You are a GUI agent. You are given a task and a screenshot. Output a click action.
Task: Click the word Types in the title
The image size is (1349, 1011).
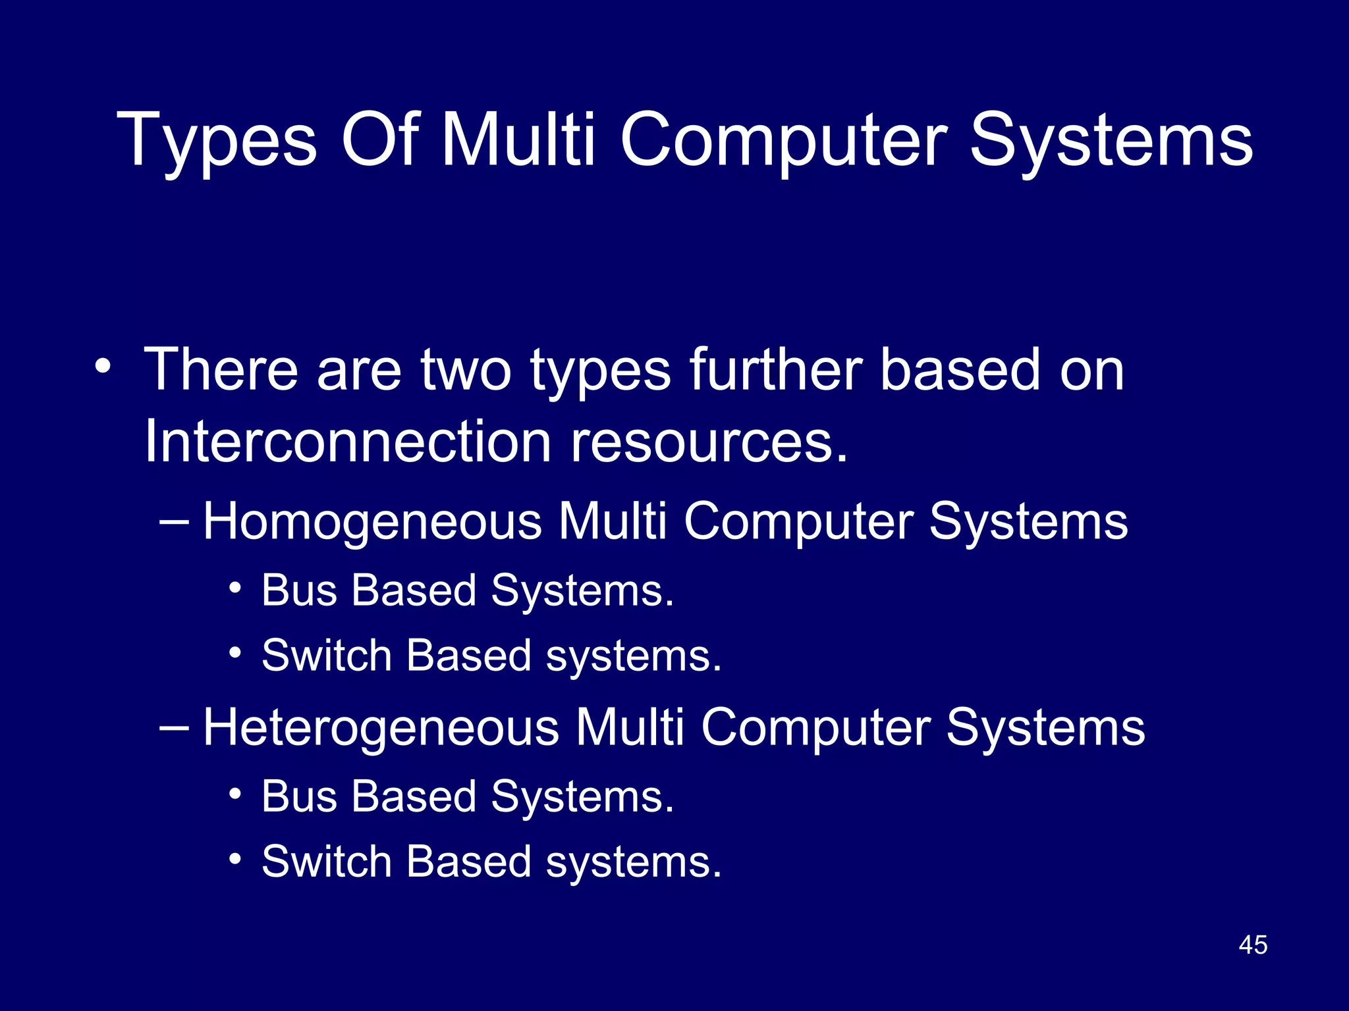click(x=217, y=140)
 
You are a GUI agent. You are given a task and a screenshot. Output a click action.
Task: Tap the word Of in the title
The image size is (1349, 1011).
click(x=379, y=139)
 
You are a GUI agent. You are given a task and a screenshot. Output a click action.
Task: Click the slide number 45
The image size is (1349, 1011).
click(x=1253, y=945)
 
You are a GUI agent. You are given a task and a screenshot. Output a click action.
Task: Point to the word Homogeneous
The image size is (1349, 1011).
click(x=372, y=521)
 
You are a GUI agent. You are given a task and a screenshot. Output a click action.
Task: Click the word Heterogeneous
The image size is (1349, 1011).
click(x=381, y=727)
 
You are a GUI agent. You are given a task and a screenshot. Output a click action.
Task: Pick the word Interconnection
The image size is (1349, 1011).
click(x=347, y=441)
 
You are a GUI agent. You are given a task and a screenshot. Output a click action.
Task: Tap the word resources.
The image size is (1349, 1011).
click(x=709, y=441)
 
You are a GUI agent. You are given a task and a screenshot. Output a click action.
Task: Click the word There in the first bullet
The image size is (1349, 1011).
click(x=220, y=370)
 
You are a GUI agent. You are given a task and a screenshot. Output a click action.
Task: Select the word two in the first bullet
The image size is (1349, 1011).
click(x=466, y=370)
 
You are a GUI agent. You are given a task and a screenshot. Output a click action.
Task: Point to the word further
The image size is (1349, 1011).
click(x=776, y=370)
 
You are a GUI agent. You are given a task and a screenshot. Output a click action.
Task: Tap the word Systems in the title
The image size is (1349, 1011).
click(x=1111, y=139)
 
